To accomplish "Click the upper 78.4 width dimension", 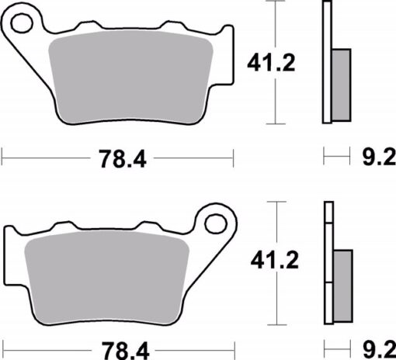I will (x=122, y=159).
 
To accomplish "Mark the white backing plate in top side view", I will (x=326, y=62).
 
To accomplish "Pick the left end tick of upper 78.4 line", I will (x=2, y=159).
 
